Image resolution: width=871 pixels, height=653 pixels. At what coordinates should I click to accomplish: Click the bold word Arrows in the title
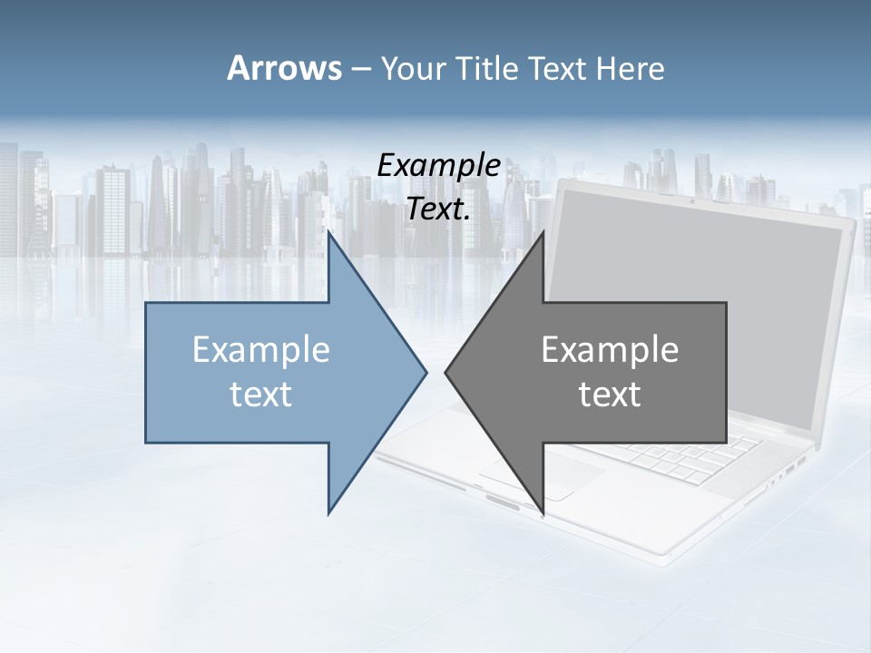(284, 68)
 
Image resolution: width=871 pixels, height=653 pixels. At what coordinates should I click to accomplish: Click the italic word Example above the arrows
(438, 166)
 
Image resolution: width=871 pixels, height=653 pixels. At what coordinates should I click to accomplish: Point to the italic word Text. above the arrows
(438, 210)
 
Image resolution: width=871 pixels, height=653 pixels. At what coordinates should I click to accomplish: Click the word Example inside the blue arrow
(261, 349)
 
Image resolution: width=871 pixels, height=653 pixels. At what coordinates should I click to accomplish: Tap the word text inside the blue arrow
(261, 394)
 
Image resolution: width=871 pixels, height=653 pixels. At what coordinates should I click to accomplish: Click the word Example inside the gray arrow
(610, 349)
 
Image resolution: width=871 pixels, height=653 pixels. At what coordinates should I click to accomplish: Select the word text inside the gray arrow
(610, 394)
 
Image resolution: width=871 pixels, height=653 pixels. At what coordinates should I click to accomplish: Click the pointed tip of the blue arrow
(426, 372)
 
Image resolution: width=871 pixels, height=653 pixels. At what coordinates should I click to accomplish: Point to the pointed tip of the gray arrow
(446, 372)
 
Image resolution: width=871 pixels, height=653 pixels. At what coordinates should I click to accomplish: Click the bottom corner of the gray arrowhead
(543, 513)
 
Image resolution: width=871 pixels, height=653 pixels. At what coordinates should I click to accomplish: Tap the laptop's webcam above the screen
(691, 200)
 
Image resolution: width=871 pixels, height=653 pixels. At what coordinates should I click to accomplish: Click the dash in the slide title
(359, 68)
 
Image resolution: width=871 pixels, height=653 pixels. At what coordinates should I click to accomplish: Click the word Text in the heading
(561, 68)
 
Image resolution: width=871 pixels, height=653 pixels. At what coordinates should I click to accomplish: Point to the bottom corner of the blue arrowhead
(328, 513)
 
